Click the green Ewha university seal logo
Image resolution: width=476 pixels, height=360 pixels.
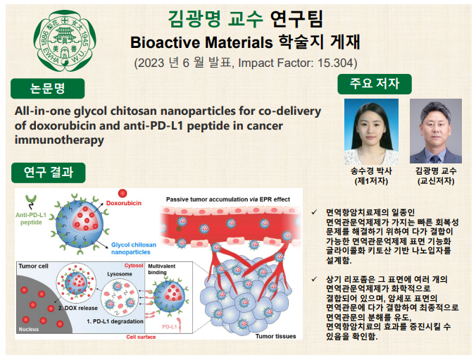click(65, 41)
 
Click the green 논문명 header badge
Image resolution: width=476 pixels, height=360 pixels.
click(48, 88)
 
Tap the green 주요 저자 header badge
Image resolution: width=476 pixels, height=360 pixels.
click(375, 84)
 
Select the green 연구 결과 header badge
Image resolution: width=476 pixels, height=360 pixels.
click(49, 173)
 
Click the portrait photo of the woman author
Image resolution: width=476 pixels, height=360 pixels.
click(371, 132)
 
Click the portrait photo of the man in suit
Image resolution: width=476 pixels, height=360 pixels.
click(436, 131)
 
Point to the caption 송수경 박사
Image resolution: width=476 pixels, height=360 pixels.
click(371, 171)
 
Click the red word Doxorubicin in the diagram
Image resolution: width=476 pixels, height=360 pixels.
click(124, 203)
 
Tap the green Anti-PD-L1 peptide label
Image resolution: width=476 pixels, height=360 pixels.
click(31, 218)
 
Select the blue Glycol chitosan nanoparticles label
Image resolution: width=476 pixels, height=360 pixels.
click(134, 248)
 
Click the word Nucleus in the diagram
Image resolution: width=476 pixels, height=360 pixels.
click(29, 329)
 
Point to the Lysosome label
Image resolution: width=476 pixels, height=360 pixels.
click(120, 274)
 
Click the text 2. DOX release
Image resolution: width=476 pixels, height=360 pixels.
click(78, 308)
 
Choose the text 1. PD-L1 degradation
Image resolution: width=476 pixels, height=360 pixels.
click(115, 321)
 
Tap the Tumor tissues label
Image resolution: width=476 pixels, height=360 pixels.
click(275, 336)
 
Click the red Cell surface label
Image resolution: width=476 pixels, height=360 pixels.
click(141, 337)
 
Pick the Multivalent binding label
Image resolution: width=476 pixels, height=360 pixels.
click(162, 269)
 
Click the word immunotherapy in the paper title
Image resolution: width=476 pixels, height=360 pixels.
click(59, 140)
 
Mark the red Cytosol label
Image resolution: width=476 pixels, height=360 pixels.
click(134, 266)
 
